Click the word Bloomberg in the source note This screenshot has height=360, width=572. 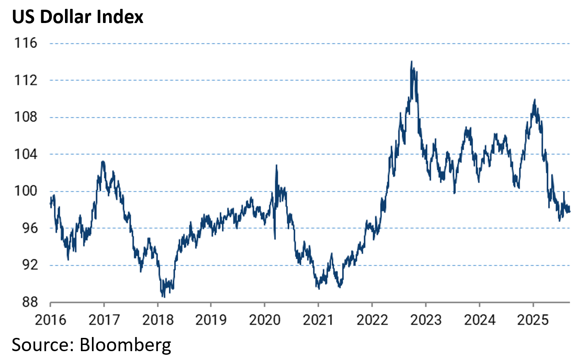click(x=125, y=345)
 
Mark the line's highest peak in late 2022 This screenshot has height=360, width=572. click(x=412, y=61)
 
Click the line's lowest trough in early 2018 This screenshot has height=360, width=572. click(x=163, y=297)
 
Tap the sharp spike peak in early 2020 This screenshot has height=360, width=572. click(x=276, y=165)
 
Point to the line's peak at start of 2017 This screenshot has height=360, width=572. click(x=103, y=161)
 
